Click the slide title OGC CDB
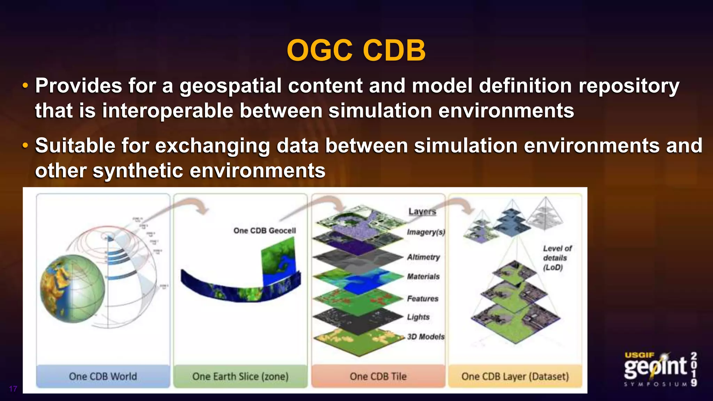(x=356, y=50)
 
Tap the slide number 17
(x=13, y=389)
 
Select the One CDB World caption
(x=103, y=376)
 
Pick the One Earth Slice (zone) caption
(x=240, y=376)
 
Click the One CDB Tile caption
(x=378, y=376)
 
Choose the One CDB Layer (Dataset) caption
(x=515, y=376)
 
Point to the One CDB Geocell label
(x=265, y=230)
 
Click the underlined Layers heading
(x=422, y=211)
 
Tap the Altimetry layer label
(x=423, y=257)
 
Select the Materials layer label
(x=423, y=276)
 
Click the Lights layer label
(x=418, y=317)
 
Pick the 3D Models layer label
(x=426, y=337)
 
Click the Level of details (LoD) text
(x=557, y=258)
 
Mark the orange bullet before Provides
(x=25, y=86)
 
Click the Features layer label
(x=423, y=299)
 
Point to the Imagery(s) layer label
(x=426, y=232)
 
